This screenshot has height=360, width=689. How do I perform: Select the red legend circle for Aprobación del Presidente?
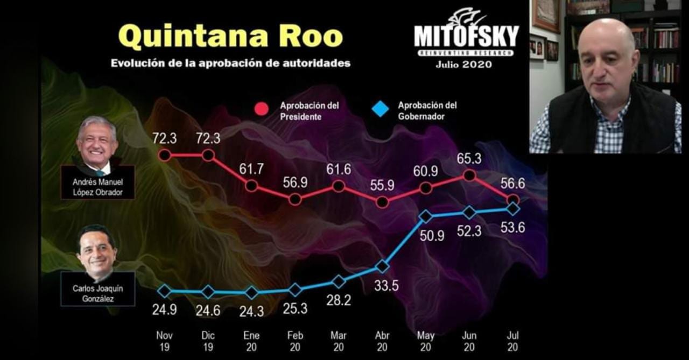click(262, 109)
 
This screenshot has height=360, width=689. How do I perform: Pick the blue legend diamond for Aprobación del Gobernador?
click(380, 109)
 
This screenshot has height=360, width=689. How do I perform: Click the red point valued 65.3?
click(469, 175)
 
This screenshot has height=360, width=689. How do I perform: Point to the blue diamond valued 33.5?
click(382, 266)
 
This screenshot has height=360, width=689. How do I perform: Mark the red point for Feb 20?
click(295, 199)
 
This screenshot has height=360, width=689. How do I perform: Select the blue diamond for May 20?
click(426, 216)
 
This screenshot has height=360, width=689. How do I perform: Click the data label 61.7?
click(251, 169)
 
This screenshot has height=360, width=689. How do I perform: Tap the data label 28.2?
click(339, 300)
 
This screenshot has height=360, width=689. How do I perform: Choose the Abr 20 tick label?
click(382, 341)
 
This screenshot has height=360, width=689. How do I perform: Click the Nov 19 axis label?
click(165, 341)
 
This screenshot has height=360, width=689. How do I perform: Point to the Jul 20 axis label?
click(513, 341)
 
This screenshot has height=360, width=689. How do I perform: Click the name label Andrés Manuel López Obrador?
click(97, 187)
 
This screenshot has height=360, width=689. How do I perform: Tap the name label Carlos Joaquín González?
click(97, 293)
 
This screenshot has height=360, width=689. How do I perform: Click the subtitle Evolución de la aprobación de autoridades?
click(230, 63)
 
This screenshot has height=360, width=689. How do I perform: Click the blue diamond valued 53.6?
click(513, 208)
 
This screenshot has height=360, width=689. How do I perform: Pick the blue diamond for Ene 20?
click(251, 293)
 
